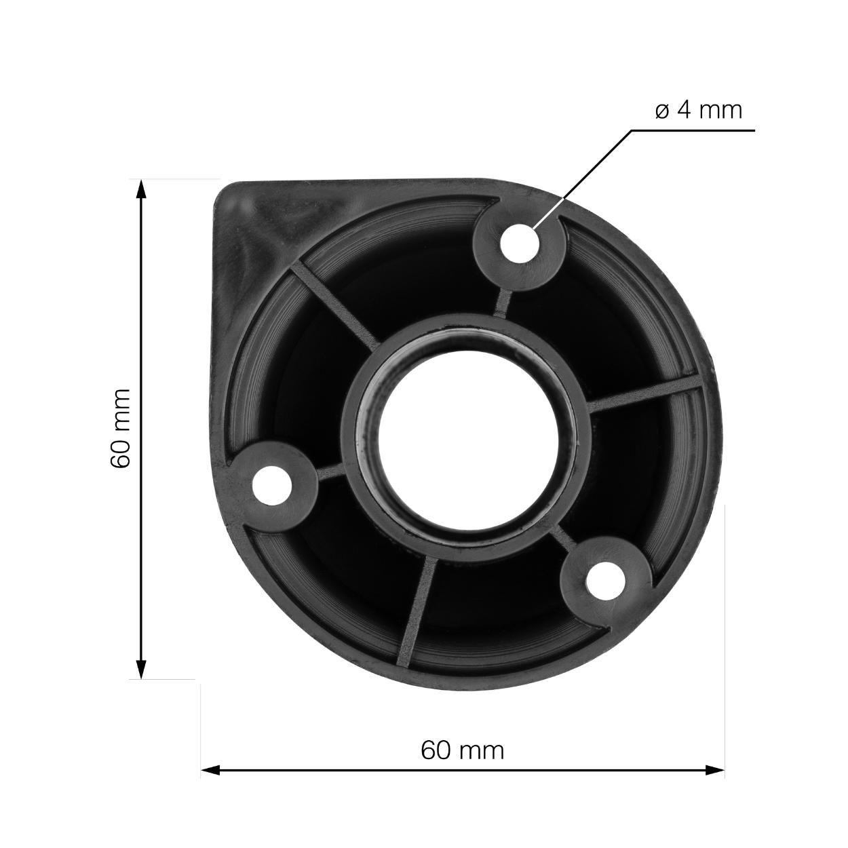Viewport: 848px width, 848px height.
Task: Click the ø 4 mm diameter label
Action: click(699, 109)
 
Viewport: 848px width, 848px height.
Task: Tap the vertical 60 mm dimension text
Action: click(120, 429)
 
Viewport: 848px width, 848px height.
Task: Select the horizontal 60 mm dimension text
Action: click(462, 750)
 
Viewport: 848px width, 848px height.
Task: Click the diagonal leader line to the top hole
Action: click(583, 176)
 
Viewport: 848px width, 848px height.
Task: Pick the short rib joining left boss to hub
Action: click(329, 469)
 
